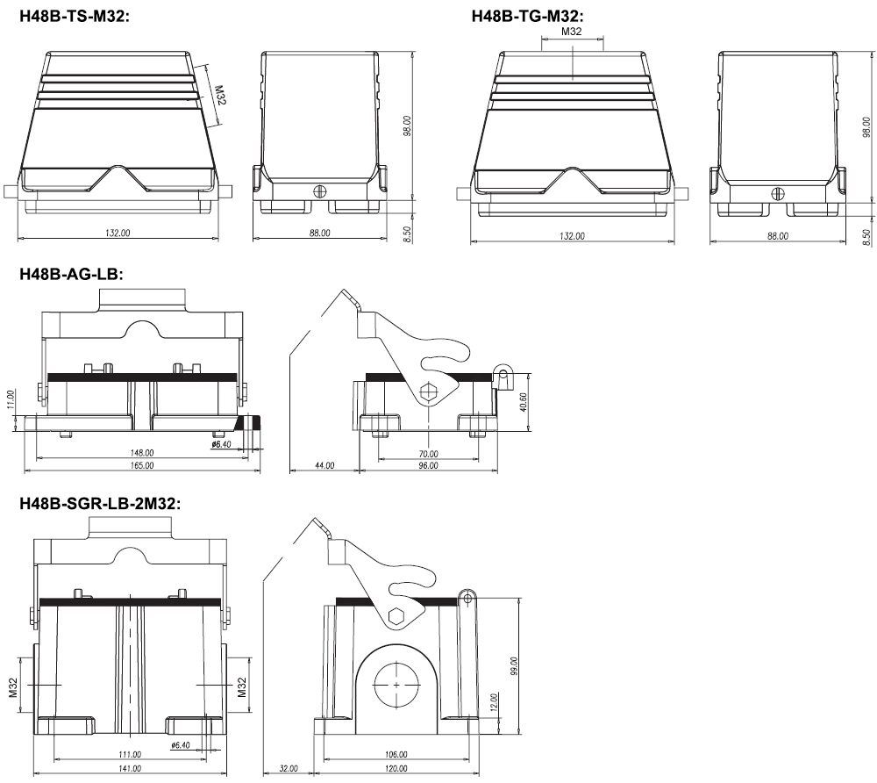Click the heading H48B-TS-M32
(75, 16)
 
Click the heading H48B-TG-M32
(527, 16)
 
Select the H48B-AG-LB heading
(71, 274)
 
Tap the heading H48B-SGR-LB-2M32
(100, 504)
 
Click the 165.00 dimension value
(142, 465)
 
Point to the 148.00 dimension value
(142, 452)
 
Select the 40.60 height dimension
(523, 402)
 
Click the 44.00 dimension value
(324, 465)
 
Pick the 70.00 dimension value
(429, 453)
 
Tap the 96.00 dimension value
(429, 465)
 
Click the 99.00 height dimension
(514, 666)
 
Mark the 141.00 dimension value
(130, 768)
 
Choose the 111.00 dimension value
(130, 754)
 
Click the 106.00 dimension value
(396, 754)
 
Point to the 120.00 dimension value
(396, 768)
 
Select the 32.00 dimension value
(289, 768)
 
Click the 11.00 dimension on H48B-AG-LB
(11, 399)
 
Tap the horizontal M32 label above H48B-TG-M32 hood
(571, 32)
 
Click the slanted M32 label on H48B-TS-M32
(219, 95)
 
